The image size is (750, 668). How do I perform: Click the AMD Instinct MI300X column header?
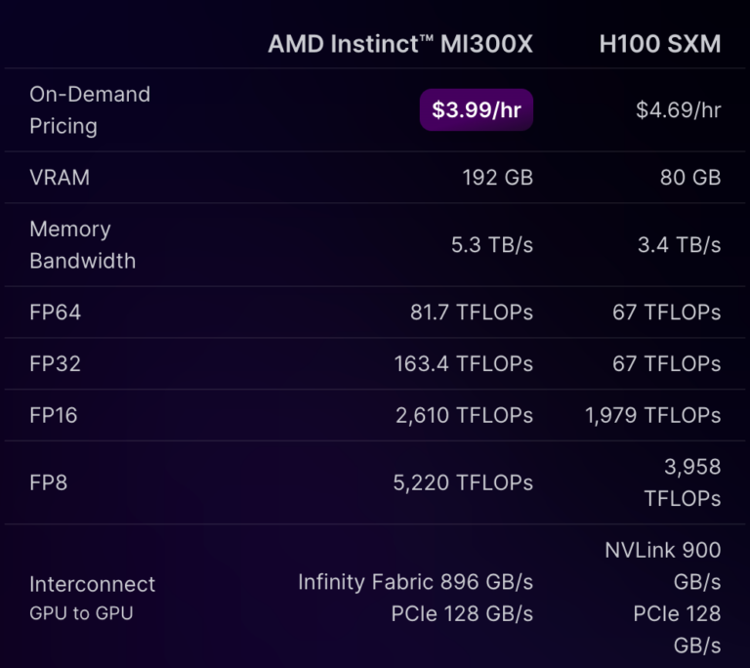click(x=400, y=45)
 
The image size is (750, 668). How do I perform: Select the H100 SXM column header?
click(x=659, y=45)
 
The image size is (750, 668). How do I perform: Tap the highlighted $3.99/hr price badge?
click(x=477, y=110)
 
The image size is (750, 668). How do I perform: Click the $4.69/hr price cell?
click(x=678, y=110)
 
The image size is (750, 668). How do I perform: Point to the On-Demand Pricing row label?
click(x=89, y=110)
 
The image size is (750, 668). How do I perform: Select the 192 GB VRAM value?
click(x=497, y=178)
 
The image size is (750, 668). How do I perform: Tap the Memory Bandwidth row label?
click(x=82, y=245)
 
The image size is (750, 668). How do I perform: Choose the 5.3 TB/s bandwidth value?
click(x=491, y=245)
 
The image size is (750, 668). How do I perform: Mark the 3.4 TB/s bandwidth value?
click(x=679, y=245)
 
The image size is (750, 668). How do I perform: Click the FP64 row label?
click(x=55, y=313)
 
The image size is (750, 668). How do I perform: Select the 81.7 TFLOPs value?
click(x=471, y=313)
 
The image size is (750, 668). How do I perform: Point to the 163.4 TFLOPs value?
click(x=463, y=364)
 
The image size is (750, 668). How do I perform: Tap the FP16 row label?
click(x=54, y=415)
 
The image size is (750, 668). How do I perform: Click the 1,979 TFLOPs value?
click(x=652, y=415)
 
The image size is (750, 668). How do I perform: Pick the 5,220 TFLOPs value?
click(x=464, y=482)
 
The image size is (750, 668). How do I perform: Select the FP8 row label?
click(x=48, y=482)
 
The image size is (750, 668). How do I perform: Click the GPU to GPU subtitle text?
click(x=81, y=614)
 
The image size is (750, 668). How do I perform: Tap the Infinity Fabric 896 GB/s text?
click(x=415, y=582)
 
